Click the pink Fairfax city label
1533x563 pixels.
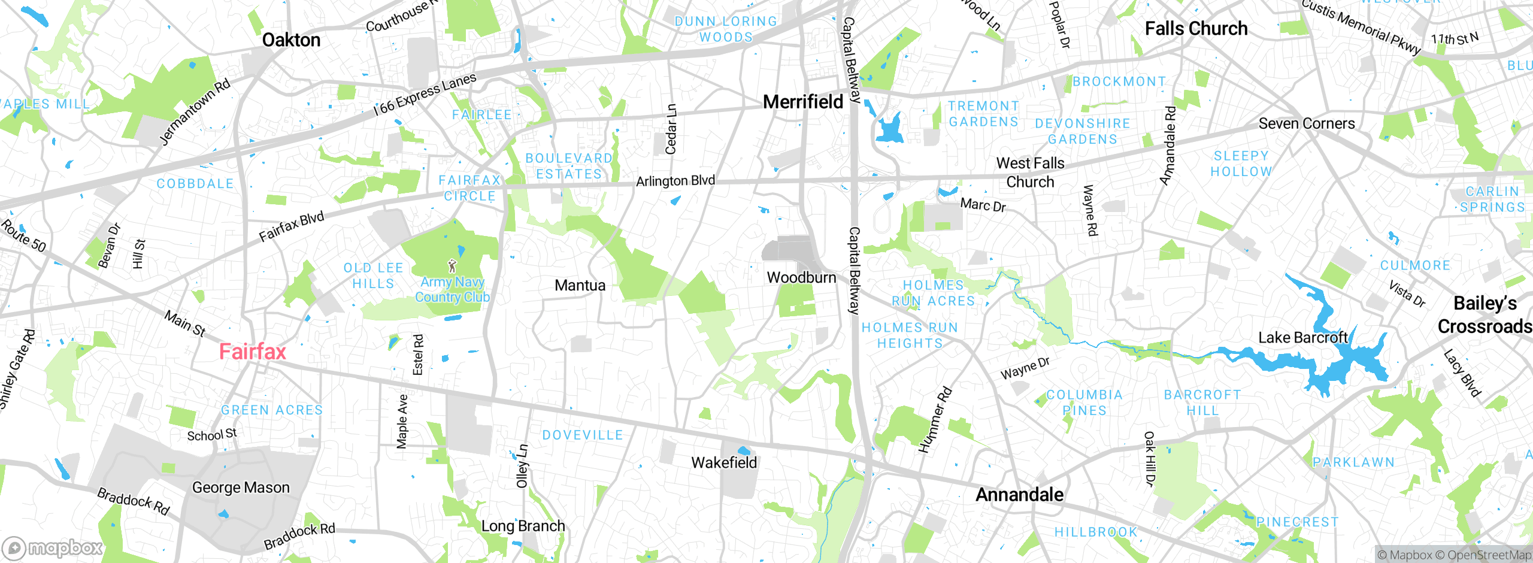(x=252, y=352)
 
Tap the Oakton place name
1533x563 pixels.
(x=291, y=40)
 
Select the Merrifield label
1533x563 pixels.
(x=802, y=102)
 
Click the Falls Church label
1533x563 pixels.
(x=1196, y=29)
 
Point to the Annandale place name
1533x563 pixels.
(x=1019, y=495)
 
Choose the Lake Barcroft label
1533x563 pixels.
(x=1302, y=338)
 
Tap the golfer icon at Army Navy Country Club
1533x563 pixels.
(x=452, y=266)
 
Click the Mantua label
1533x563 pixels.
(x=580, y=286)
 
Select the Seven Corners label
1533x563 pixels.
(x=1306, y=124)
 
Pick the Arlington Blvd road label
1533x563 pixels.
(x=675, y=181)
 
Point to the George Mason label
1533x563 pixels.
(x=241, y=488)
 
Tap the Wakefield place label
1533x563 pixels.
(x=723, y=463)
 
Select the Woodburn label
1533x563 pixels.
(x=801, y=278)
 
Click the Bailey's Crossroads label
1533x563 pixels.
(x=1484, y=315)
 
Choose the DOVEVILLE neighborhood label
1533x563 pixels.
(x=582, y=435)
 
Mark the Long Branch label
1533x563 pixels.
(x=523, y=526)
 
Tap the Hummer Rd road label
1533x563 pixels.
(x=935, y=420)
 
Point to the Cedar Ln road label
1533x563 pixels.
(x=671, y=129)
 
